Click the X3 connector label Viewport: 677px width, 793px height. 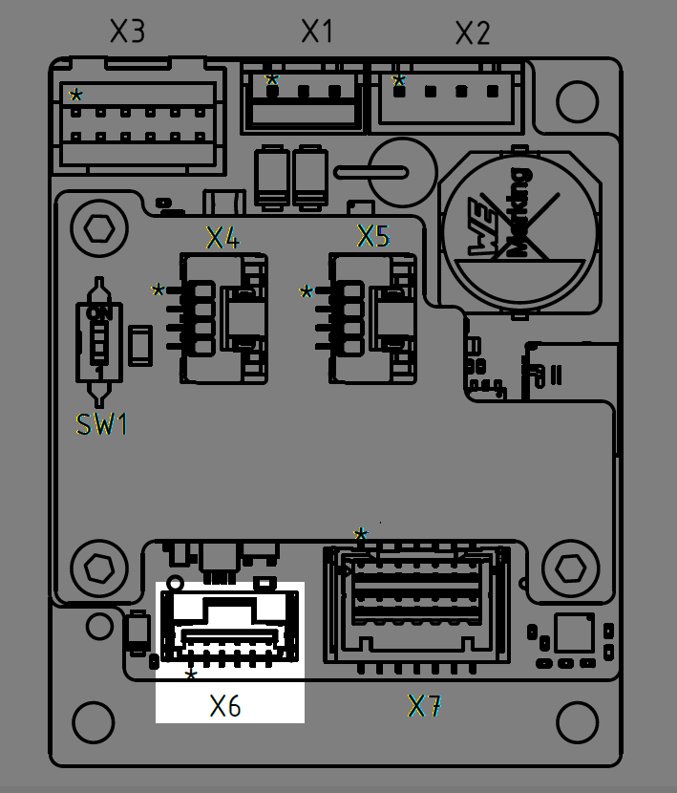127,32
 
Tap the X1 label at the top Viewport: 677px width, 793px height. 317,31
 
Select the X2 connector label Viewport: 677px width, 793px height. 472,33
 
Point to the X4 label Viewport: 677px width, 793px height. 222,237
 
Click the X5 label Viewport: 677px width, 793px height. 372,236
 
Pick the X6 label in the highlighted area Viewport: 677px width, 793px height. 225,706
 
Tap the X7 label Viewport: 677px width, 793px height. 425,706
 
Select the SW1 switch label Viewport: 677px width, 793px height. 102,425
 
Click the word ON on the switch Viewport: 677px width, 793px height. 98,312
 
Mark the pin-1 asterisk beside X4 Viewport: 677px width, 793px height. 158,289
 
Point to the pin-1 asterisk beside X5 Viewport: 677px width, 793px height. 307,291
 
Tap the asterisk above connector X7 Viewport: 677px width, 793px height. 360,534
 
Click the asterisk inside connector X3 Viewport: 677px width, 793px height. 75,95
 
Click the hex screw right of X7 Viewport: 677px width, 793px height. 569,568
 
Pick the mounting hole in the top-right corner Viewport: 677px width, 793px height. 577,99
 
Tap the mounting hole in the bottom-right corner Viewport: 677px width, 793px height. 577,723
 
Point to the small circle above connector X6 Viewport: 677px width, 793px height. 175,583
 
